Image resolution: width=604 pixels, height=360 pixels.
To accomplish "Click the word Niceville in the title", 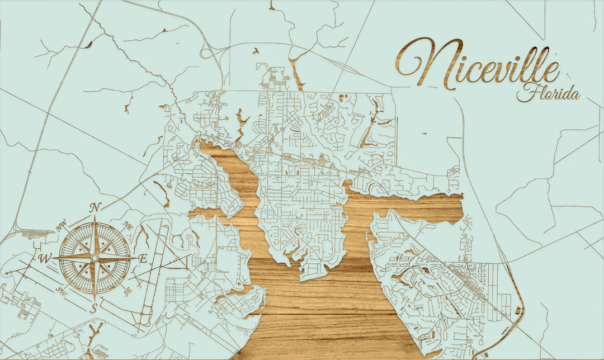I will coord(478,64).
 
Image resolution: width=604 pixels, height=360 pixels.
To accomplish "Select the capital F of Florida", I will coord(526,92).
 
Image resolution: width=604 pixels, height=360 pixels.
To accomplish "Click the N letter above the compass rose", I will coord(96,207).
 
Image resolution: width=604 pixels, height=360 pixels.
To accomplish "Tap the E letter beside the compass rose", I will coord(143,259).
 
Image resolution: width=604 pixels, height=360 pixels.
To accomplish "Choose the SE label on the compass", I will coord(128,290).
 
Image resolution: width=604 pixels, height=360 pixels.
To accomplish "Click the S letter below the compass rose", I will coord(95,307).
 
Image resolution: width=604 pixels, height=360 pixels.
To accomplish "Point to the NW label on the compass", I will coord(62,226).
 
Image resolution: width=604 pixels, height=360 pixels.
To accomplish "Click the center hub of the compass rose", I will coord(95,258).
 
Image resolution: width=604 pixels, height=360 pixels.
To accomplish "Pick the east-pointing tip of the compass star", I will coord(136,258).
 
